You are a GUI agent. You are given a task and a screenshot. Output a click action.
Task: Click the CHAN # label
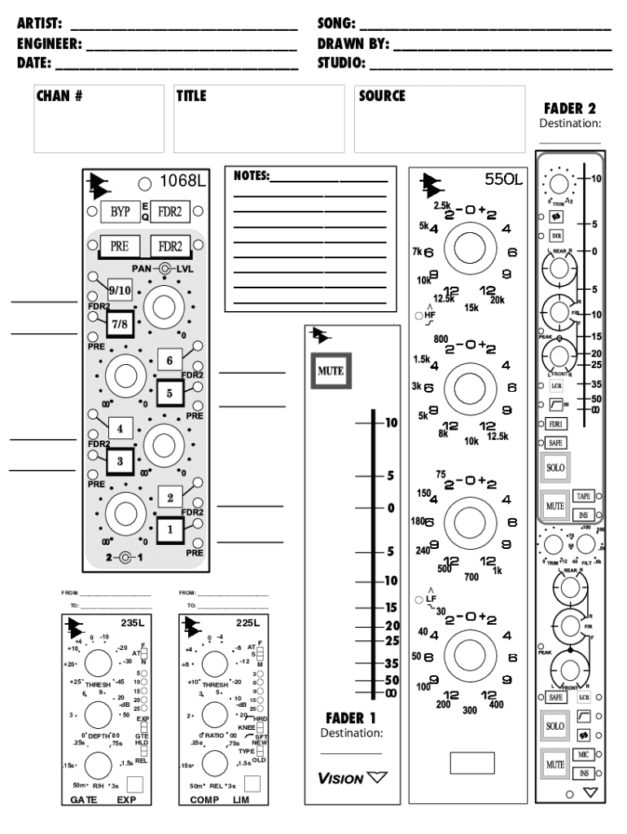coord(59,96)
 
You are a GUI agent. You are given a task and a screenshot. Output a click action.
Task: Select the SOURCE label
coord(382,96)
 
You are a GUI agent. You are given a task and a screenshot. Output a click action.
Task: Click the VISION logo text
coord(340,779)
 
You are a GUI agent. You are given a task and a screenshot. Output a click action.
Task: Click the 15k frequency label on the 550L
coord(471,307)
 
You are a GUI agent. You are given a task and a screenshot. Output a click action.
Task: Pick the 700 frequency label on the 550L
coord(471,577)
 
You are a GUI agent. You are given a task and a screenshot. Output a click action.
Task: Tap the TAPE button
coord(582,496)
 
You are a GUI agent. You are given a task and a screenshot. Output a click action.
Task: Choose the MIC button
coord(582,755)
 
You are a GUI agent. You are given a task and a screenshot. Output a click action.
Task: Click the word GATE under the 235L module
coord(84,801)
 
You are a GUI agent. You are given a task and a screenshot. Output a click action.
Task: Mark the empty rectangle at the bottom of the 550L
coord(472,763)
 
